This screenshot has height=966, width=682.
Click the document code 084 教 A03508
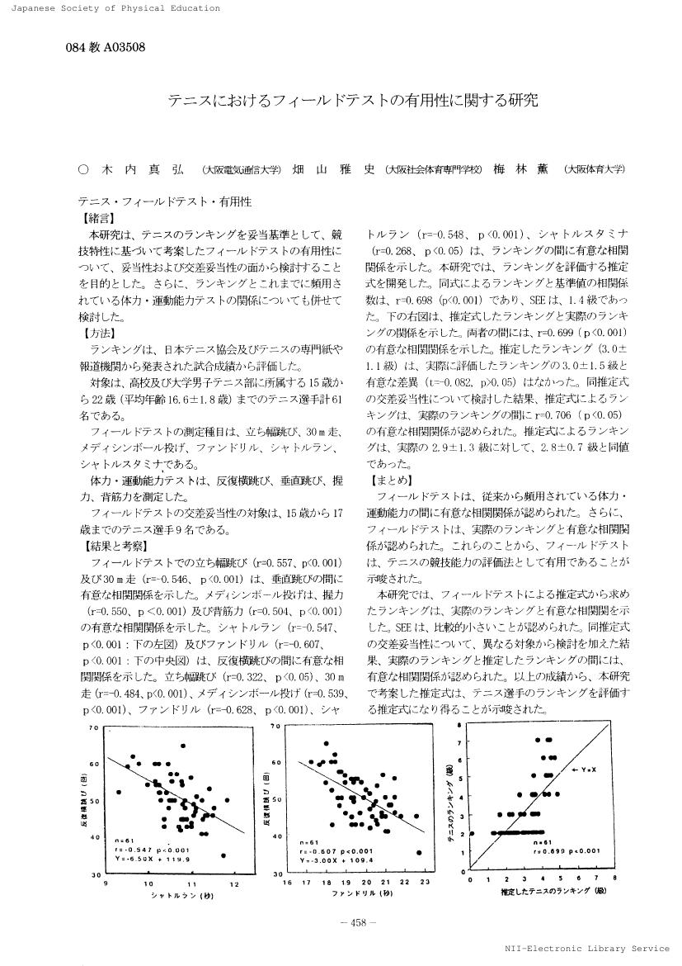(105, 47)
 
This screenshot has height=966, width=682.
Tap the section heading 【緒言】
(98, 219)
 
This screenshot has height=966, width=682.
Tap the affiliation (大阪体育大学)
(594, 169)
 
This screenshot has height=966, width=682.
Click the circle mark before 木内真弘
(82, 169)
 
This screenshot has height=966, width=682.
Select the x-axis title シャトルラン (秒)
(172, 895)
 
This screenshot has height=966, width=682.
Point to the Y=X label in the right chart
(586, 770)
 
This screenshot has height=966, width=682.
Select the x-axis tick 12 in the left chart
(235, 883)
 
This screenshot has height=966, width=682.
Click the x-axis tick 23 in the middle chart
(425, 883)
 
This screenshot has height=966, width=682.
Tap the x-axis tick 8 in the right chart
(615, 879)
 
